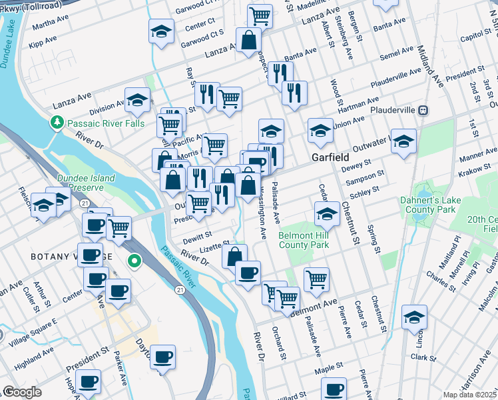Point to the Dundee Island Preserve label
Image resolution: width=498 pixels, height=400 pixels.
[86, 183]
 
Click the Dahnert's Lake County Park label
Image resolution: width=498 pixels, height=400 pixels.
[428, 205]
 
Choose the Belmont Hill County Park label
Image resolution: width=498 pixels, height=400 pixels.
[304, 241]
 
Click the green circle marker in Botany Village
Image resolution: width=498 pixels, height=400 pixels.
[134, 261]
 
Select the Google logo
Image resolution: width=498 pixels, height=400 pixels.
[22, 392]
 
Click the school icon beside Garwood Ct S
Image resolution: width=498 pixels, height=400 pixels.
[160, 31]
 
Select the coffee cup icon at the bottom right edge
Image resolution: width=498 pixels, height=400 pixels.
[334, 389]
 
